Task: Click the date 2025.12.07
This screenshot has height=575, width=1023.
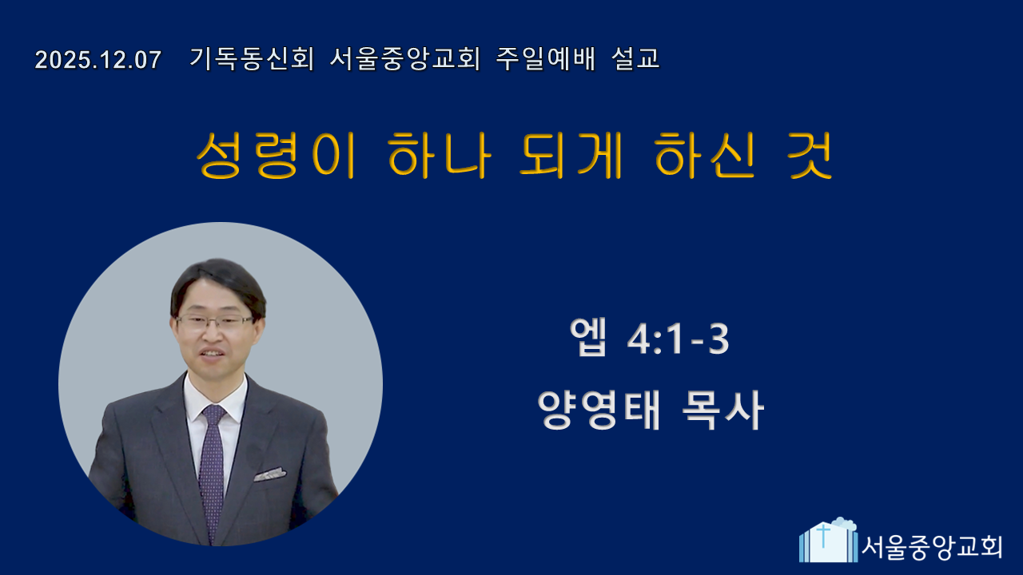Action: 98,60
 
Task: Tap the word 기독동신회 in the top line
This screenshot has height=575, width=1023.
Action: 252,59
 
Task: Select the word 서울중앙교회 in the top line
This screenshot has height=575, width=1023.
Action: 404,59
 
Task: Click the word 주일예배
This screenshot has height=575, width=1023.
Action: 546,59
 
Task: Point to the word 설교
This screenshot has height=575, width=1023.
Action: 635,59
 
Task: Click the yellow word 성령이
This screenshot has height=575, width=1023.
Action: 276,155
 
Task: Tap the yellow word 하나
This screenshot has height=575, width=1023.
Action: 439,155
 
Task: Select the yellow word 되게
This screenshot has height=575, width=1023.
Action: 571,155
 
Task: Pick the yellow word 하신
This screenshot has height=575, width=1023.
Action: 705,155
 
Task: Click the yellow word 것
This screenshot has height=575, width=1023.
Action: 810,155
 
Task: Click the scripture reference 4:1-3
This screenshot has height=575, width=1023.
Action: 679,339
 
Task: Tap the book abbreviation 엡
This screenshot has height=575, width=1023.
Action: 588,337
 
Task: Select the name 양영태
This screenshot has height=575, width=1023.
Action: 599,410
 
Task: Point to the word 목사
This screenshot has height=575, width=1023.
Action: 722,410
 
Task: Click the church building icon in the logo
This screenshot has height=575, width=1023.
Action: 828,540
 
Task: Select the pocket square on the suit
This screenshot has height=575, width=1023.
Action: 270,474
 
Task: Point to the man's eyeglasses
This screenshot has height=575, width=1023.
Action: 215,322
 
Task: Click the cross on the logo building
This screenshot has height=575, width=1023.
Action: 823,535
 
